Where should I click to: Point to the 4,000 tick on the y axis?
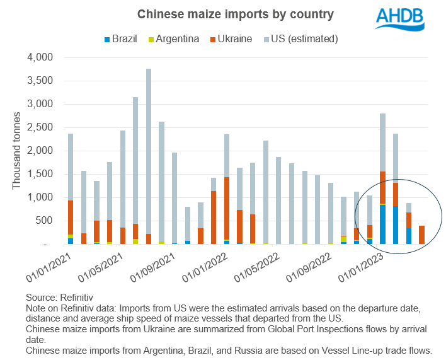(40, 57)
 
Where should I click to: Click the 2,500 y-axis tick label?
(40, 127)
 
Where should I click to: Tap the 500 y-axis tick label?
(45, 221)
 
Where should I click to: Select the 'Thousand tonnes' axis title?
(17, 151)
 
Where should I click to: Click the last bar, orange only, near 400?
(421, 235)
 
